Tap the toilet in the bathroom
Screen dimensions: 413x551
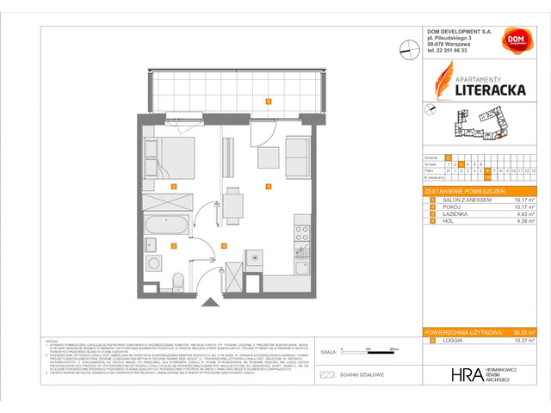[x=178, y=282]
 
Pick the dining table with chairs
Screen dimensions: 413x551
[x=233, y=206]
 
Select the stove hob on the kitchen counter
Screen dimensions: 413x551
[x=301, y=232]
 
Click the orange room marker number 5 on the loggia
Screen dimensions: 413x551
[x=269, y=101]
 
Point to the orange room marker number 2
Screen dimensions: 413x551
[x=173, y=186]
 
